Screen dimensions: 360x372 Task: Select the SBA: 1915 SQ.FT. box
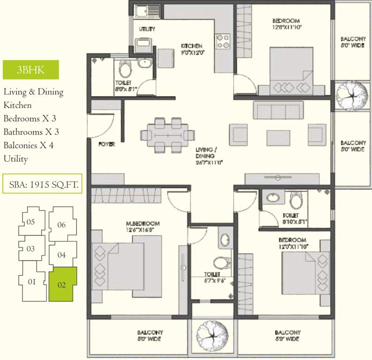(43, 184)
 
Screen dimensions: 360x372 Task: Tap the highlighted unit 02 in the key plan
(62, 283)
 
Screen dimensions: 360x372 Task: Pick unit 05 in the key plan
(31, 221)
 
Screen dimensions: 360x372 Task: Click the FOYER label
(107, 144)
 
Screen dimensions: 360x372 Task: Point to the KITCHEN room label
(192, 46)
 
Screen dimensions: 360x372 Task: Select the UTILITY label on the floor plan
(147, 29)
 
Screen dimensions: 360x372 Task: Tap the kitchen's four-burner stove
(222, 41)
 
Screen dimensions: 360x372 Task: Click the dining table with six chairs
(167, 135)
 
